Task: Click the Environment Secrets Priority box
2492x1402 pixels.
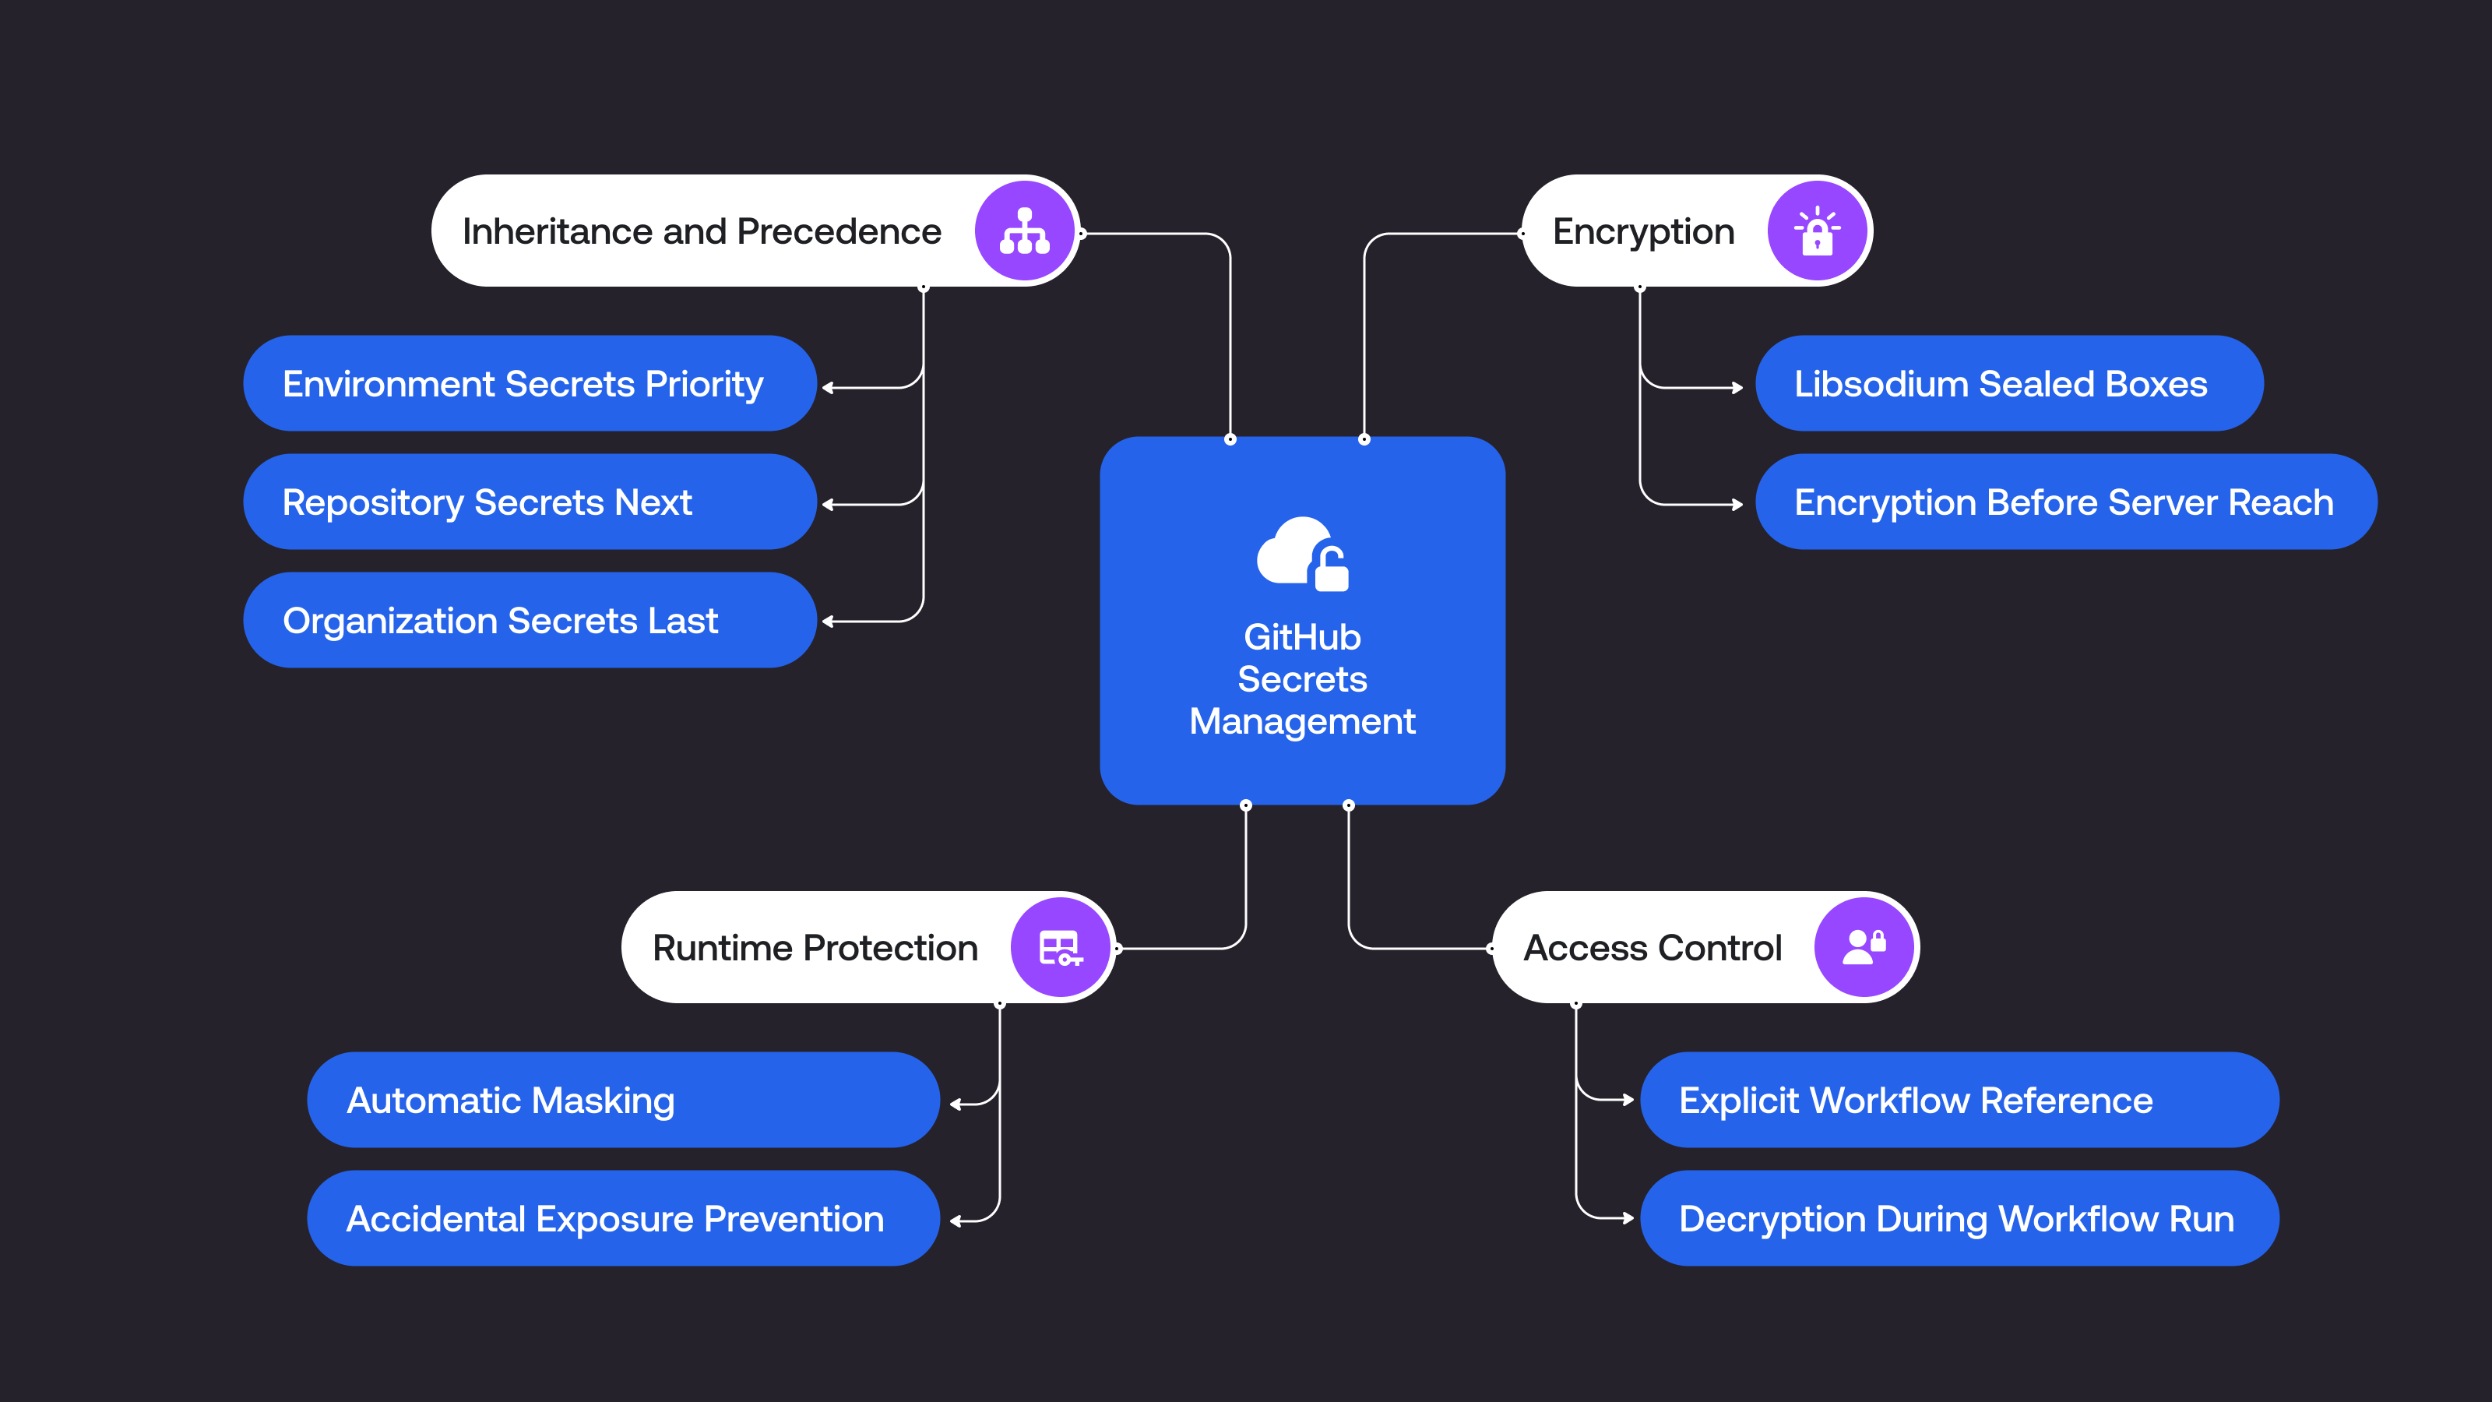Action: point(530,384)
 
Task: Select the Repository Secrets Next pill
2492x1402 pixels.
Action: point(530,502)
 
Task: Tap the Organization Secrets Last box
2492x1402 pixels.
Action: point(530,620)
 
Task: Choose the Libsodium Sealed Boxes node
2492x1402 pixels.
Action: point(2008,384)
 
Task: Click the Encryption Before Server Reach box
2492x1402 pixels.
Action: point(2064,502)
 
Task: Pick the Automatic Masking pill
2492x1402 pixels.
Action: point(622,1100)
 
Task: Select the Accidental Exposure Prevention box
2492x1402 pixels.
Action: point(622,1219)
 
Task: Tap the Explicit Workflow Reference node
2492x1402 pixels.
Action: point(1959,1100)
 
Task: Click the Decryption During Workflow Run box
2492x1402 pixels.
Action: point(1959,1219)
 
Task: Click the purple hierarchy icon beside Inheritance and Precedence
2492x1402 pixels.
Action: point(1025,231)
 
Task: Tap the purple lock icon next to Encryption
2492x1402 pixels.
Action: point(1817,231)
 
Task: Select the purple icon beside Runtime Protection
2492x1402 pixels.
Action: point(1060,947)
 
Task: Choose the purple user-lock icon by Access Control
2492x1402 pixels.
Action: point(1864,947)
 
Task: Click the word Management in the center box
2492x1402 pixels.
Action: point(1302,722)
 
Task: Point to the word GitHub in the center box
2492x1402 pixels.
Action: point(1302,638)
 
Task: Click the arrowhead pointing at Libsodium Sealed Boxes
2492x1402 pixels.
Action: point(1737,388)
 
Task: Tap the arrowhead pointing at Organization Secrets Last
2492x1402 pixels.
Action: point(828,622)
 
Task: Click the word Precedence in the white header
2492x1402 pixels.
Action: point(839,232)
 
